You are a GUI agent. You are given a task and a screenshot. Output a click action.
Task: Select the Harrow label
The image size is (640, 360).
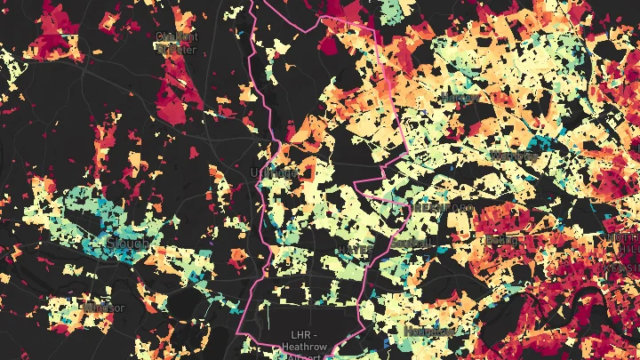459,96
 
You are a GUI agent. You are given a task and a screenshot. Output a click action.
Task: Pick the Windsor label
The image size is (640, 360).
104,308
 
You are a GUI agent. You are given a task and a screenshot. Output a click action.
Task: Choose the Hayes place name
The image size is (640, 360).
359,251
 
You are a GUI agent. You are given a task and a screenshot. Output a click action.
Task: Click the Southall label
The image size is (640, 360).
410,241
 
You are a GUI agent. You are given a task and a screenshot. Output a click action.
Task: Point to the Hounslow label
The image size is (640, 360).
428,330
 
